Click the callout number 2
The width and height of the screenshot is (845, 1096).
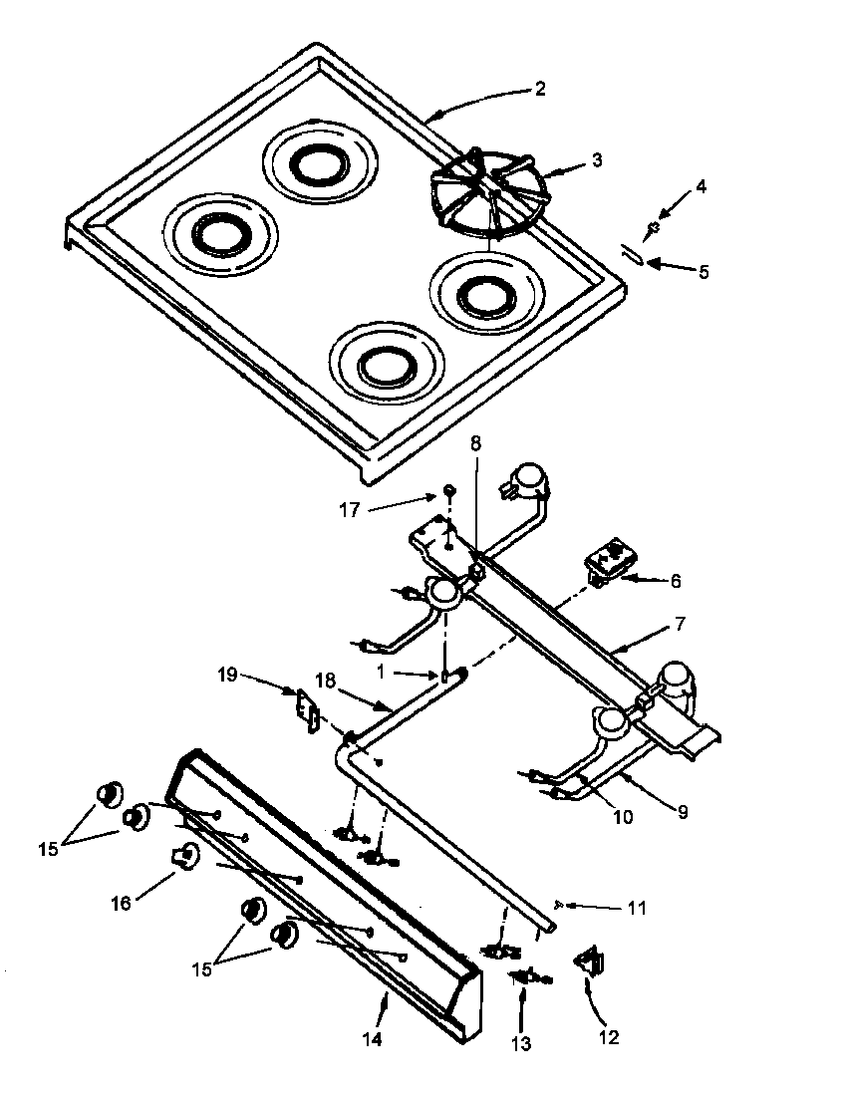(539, 89)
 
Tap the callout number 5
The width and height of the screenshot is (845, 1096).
(704, 271)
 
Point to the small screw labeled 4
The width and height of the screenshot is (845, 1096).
(653, 228)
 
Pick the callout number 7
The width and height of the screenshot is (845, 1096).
(681, 624)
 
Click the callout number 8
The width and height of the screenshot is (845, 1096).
(475, 444)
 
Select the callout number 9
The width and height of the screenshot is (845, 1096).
(682, 811)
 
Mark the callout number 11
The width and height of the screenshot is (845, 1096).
(637, 908)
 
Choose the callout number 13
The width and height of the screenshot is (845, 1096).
(521, 1044)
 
